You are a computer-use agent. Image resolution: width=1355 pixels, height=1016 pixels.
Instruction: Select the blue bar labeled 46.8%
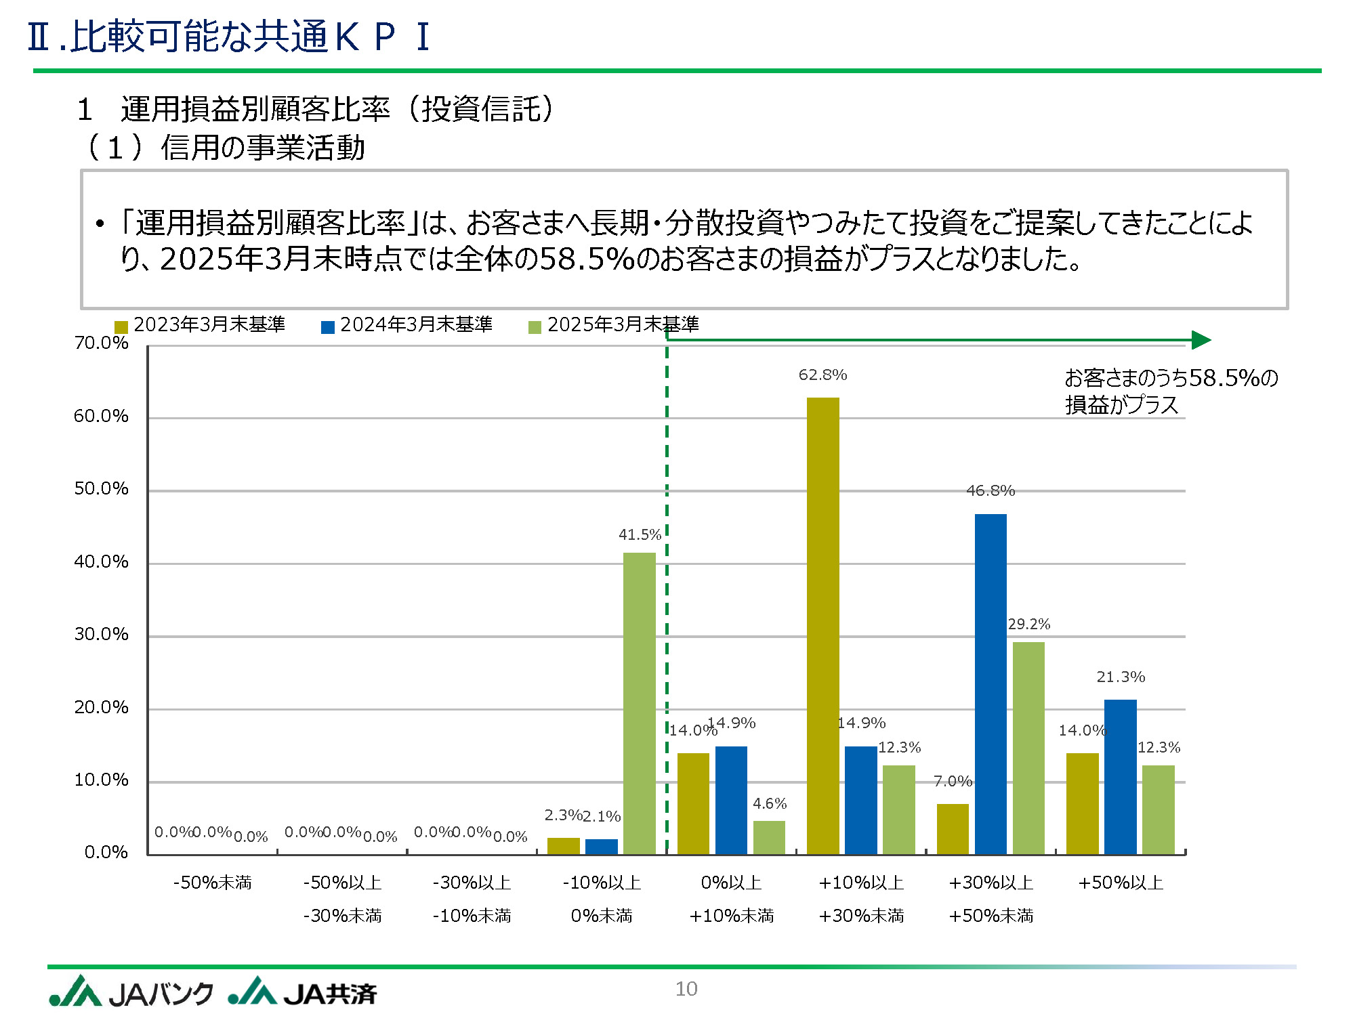click(991, 683)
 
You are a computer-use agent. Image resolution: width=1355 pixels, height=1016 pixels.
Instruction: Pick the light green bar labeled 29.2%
click(1028, 748)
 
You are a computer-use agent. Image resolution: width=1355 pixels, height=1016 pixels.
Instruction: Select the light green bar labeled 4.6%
click(769, 837)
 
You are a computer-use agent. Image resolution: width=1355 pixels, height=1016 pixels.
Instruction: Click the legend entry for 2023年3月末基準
click(201, 325)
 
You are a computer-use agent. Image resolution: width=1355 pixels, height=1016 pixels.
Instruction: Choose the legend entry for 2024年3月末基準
click(407, 325)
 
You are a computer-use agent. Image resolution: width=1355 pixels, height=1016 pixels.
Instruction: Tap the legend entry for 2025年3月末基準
click(614, 325)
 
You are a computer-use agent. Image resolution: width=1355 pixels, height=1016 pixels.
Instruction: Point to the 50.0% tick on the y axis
click(101, 489)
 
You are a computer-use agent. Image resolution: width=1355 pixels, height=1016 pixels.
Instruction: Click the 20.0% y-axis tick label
click(101, 707)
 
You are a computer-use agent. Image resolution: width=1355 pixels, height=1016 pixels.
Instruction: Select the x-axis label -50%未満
click(213, 883)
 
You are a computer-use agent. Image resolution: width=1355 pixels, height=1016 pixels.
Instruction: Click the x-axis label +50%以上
click(1121, 883)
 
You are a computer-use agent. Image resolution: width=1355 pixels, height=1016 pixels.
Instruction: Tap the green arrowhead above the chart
click(1201, 340)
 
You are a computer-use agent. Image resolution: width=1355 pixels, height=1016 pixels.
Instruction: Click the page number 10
click(686, 989)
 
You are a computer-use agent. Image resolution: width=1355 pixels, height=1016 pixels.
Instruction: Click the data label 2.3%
click(563, 815)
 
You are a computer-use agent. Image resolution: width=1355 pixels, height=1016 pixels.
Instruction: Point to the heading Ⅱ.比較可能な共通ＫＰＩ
click(228, 37)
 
